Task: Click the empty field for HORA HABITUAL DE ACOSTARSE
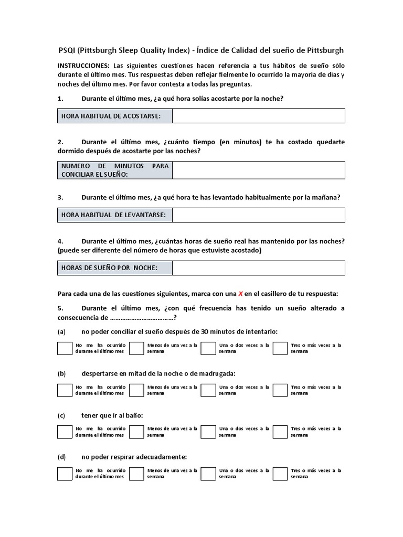(x=258, y=116)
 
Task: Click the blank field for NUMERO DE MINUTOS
(x=258, y=170)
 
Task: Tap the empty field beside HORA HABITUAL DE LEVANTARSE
(x=258, y=215)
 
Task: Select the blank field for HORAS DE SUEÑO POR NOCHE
(x=258, y=268)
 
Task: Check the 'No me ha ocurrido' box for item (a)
(x=65, y=348)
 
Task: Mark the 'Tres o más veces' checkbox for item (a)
(x=280, y=348)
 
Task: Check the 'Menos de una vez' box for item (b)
(x=136, y=390)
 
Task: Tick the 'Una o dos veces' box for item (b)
(x=208, y=390)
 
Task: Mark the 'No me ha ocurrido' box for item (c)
(x=65, y=432)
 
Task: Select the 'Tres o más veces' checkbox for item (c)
(x=280, y=432)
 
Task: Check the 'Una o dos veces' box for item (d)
(x=208, y=474)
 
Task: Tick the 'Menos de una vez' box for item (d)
(x=136, y=474)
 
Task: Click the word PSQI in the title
(x=67, y=50)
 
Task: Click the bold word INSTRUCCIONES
(x=83, y=65)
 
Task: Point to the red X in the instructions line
(x=241, y=294)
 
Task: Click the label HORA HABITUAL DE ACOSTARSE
(x=111, y=116)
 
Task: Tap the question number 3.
(x=60, y=197)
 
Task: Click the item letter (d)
(x=61, y=457)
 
